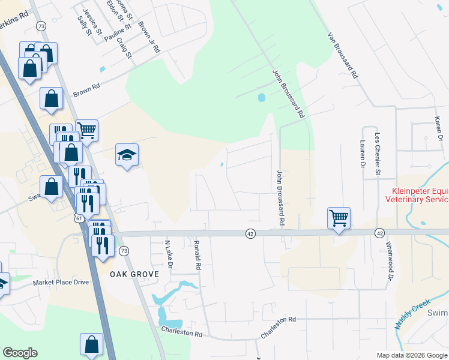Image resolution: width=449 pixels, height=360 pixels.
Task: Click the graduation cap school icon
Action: [x=127, y=155]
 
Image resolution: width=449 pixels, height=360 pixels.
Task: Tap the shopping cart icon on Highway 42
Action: [x=339, y=218]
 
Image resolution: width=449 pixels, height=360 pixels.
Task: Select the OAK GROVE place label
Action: [x=134, y=274]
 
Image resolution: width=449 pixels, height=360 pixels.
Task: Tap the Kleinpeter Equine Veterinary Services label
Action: [x=417, y=194]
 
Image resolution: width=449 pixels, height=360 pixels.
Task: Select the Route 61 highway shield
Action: [x=79, y=218]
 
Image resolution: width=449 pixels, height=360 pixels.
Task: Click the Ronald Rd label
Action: [x=197, y=255]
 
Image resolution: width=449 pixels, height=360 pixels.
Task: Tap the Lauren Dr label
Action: [x=363, y=154]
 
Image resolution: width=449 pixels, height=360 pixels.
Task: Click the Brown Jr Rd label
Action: [x=148, y=38]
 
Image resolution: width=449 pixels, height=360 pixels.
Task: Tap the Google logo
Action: [x=20, y=353]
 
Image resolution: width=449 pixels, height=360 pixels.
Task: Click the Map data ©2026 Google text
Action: [x=411, y=355]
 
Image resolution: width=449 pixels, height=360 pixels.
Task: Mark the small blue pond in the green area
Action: [x=261, y=97]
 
